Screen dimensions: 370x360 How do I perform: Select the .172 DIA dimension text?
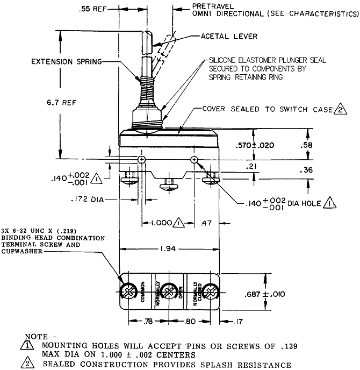pyautogui.click(x=85, y=199)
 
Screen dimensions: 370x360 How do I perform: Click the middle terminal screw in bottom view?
pyautogui.click(x=170, y=292)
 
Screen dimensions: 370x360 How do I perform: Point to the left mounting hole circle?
pyautogui.click(x=141, y=160)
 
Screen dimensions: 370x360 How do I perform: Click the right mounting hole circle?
pyautogui.click(x=194, y=160)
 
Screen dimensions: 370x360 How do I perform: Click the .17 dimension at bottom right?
pyautogui.click(x=239, y=322)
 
